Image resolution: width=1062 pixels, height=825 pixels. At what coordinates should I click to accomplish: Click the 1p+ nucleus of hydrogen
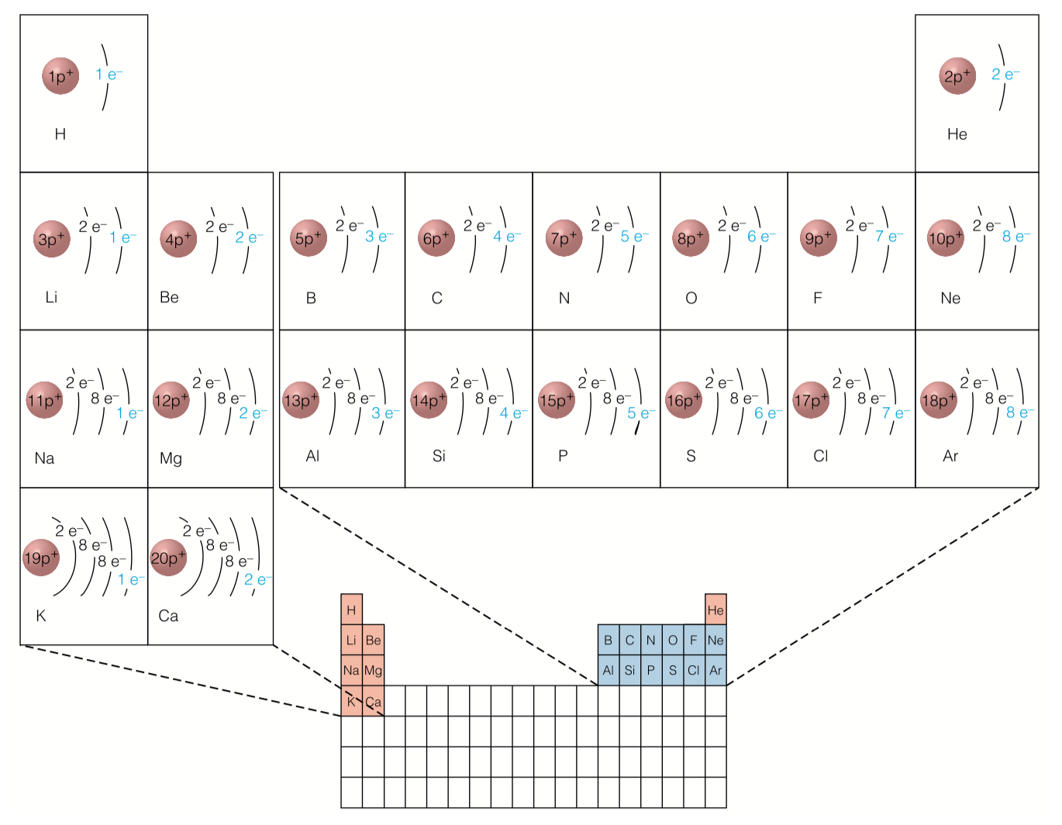[x=60, y=76]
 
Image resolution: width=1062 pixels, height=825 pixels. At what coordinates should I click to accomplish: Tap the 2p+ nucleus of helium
[x=957, y=76]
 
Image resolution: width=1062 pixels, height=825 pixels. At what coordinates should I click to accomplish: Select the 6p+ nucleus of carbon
[x=436, y=238]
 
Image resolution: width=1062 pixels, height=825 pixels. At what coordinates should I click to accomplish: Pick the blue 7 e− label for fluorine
[x=888, y=236]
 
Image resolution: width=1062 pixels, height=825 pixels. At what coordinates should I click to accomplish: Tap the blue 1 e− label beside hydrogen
[x=109, y=74]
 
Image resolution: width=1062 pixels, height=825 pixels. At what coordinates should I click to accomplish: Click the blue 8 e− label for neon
[x=1015, y=236]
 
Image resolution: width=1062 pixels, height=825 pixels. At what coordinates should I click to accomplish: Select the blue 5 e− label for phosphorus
[x=640, y=413]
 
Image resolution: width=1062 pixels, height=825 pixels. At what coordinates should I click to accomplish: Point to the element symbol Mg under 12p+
[x=171, y=458]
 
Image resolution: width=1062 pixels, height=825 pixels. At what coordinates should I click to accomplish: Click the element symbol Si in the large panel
[x=439, y=456]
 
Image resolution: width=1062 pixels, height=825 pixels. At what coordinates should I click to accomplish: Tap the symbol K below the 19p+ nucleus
[x=41, y=616]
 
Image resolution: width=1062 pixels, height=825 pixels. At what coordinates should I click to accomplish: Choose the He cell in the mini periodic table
[x=715, y=610]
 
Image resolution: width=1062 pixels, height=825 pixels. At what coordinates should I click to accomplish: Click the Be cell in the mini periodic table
[x=373, y=640]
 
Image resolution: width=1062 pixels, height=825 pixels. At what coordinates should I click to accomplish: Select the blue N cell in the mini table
[x=650, y=640]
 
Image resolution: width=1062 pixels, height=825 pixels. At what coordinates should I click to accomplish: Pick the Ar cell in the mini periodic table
[x=715, y=671]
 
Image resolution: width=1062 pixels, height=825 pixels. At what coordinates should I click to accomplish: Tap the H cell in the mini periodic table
[x=351, y=610]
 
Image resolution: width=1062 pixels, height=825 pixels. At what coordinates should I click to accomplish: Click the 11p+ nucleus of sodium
[x=44, y=400]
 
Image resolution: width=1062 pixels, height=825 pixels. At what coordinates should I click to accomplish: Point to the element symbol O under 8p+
[x=691, y=298]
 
